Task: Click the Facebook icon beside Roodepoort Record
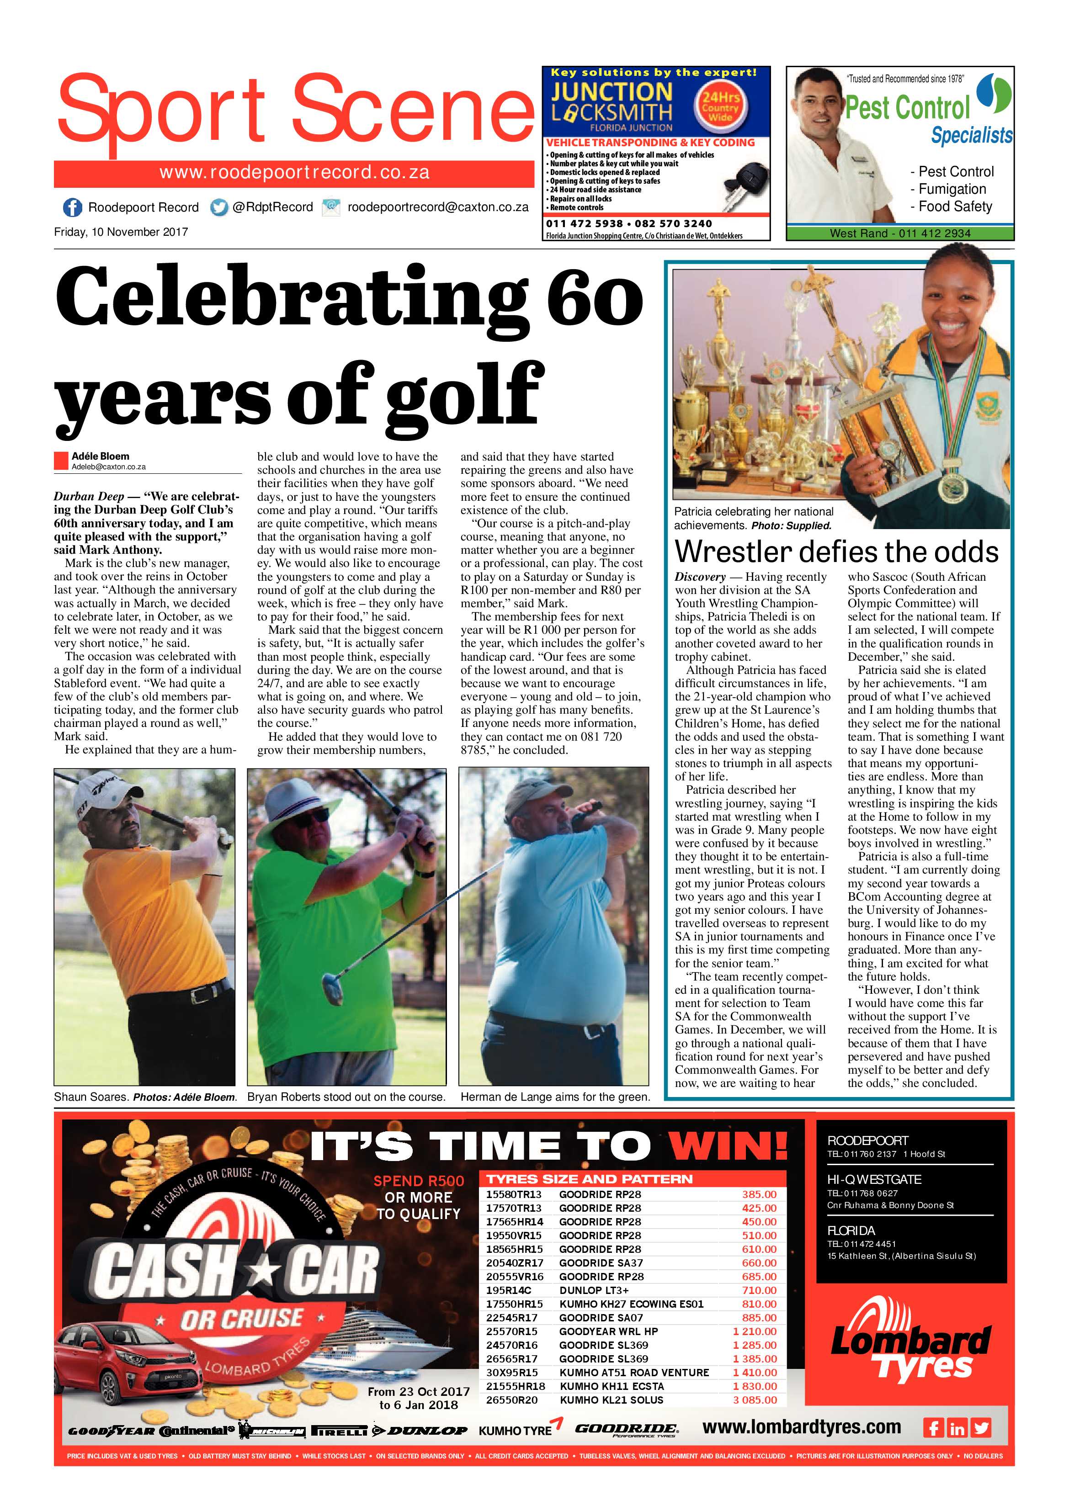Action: tap(72, 207)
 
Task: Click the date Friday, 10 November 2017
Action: tap(121, 232)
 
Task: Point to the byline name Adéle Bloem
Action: tap(101, 456)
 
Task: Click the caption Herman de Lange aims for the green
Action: tap(555, 1097)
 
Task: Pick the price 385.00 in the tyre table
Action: tap(759, 1194)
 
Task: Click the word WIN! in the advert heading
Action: tap(728, 1146)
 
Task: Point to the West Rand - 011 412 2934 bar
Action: tap(900, 233)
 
